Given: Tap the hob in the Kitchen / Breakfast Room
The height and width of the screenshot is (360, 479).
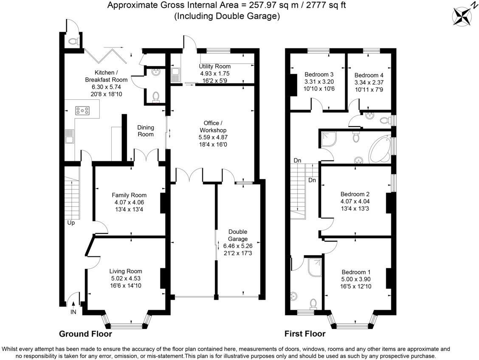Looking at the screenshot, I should pos(83,111).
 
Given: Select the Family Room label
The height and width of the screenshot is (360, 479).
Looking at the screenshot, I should pos(129,195).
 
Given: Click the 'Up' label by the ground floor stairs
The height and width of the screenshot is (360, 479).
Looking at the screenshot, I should pos(70,222).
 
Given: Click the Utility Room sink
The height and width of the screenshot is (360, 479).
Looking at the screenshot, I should pos(175,75).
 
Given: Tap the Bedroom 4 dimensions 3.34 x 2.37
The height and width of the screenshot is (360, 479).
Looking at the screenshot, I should pos(369,82).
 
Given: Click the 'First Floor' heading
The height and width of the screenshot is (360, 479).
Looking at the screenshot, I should pos(305,334).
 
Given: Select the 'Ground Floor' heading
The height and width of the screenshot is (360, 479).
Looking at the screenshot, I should pos(85,334).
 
